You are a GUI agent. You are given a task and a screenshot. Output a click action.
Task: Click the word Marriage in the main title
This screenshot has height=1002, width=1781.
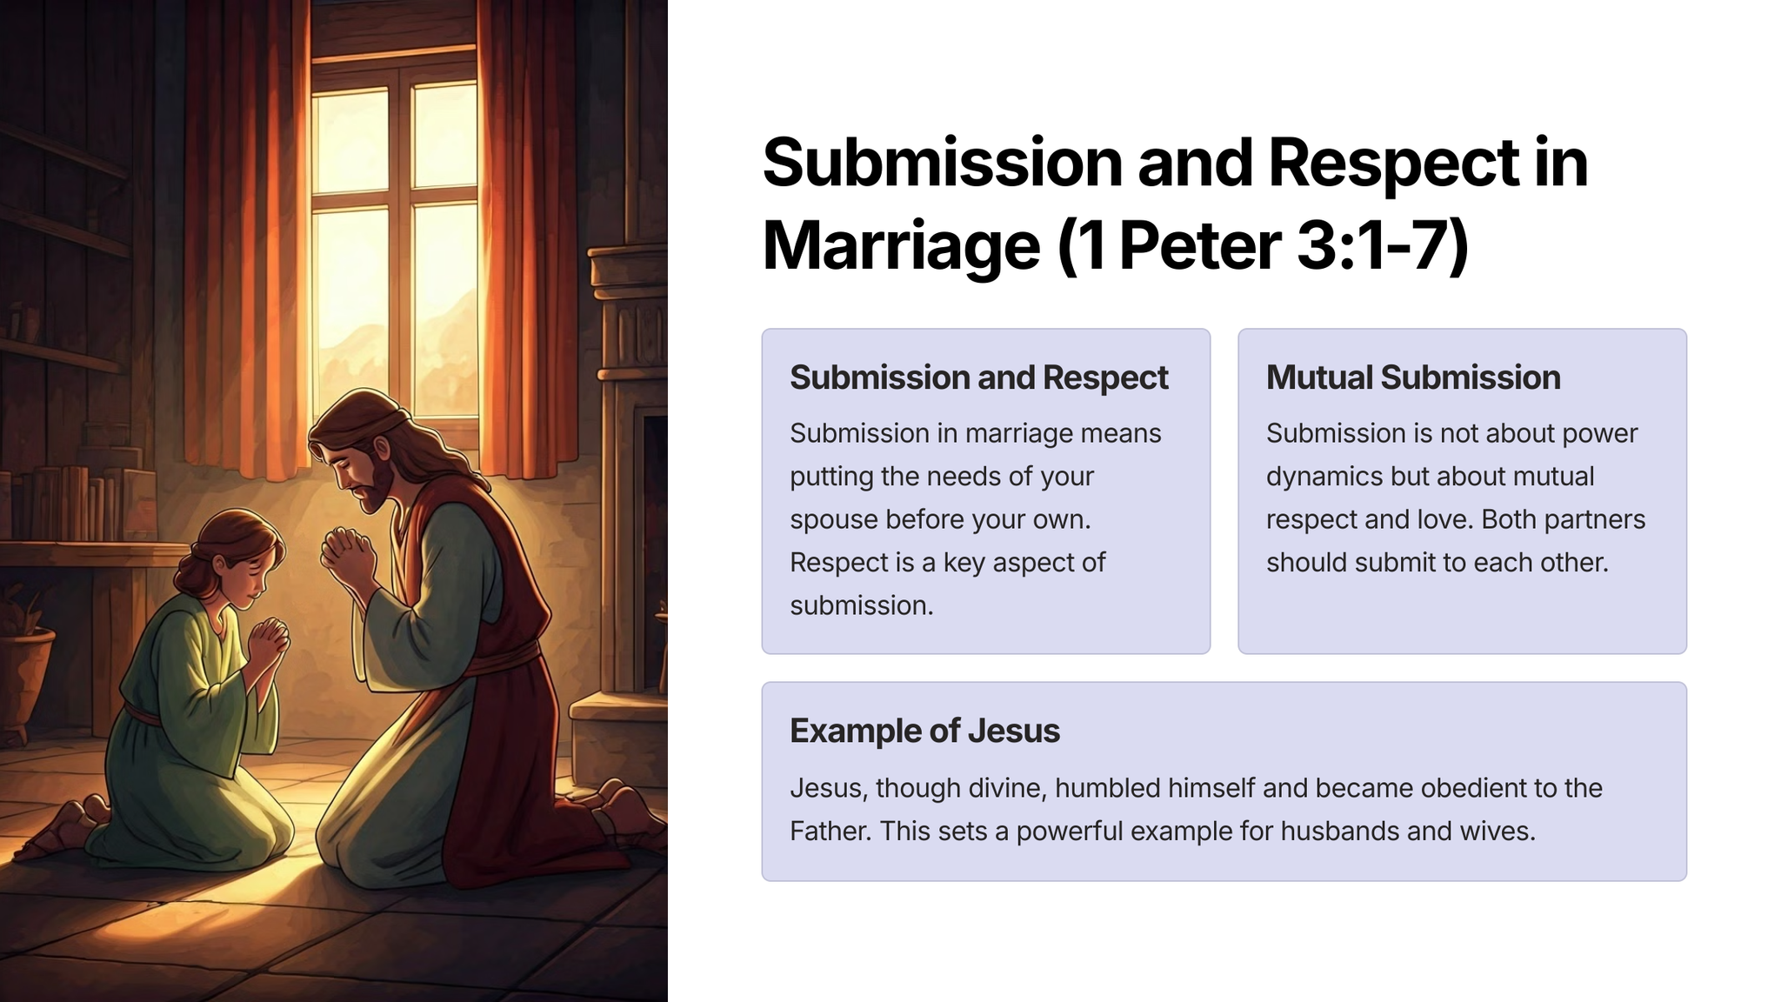[901, 246]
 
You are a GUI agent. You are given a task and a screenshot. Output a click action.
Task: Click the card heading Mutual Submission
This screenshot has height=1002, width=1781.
[1413, 377]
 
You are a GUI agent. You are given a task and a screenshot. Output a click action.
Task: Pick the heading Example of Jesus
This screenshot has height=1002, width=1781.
[924, 731]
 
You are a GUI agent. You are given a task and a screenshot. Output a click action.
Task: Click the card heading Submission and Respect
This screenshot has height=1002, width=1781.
[979, 377]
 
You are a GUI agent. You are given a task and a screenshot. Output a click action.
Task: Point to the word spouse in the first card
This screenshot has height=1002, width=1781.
[834, 520]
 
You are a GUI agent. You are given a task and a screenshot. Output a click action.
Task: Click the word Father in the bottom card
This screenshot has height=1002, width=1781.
[830, 831]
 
